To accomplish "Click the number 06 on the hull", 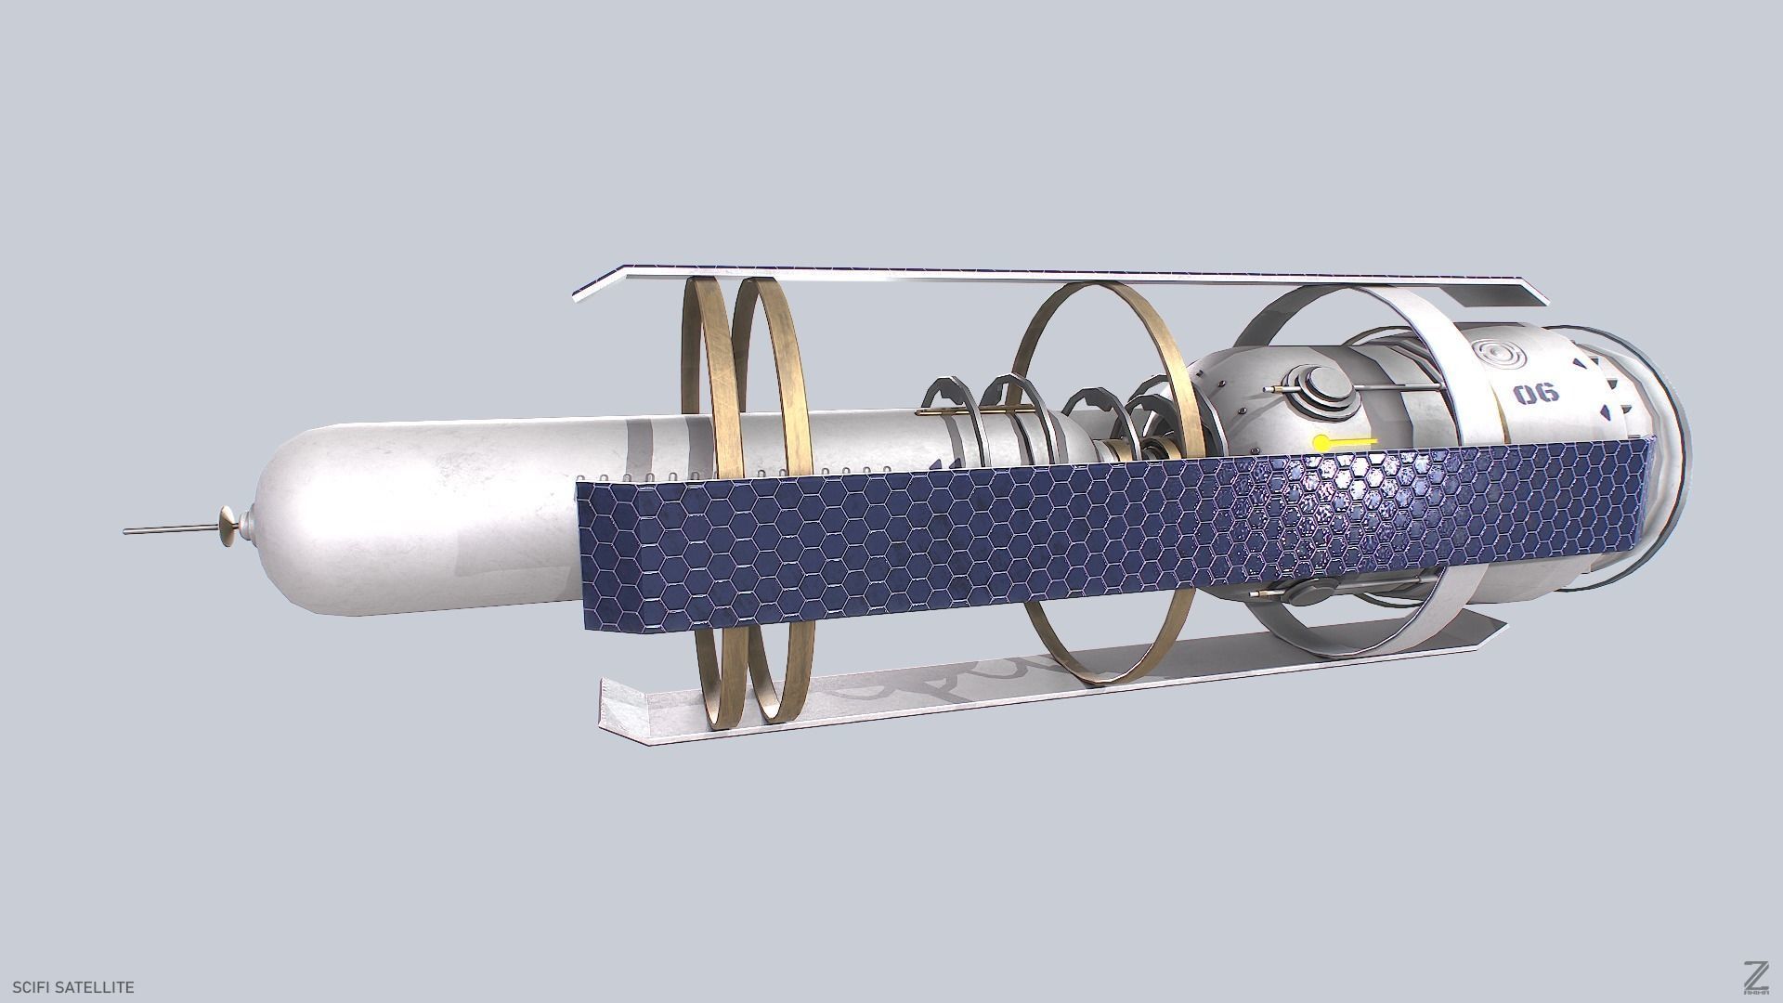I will click(x=1537, y=394).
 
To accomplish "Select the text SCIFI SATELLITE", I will click(x=68, y=987).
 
